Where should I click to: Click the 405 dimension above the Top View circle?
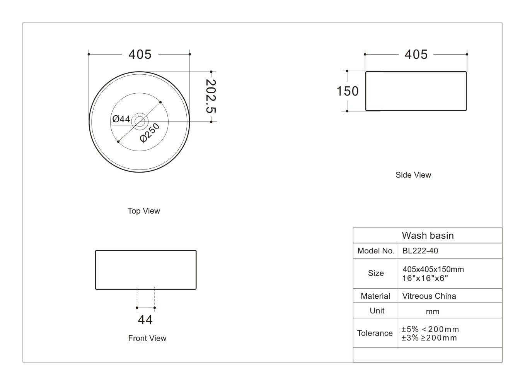point(140,55)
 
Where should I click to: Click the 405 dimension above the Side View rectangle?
point(416,55)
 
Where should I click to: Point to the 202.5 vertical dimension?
point(210,96)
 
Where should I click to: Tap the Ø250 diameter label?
point(150,133)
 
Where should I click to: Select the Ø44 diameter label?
point(121,119)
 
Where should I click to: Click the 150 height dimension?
point(347,91)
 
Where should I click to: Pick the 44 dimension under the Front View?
point(145,320)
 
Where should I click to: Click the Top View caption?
point(144,211)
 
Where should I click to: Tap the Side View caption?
point(413,175)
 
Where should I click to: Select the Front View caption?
point(147,338)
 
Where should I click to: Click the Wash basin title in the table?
point(428,236)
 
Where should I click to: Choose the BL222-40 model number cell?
point(420,251)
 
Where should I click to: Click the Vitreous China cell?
point(429,296)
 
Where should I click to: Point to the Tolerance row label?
point(375,333)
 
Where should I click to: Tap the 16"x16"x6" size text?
point(425,278)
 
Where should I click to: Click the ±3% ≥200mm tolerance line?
point(429,338)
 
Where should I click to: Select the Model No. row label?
point(376,251)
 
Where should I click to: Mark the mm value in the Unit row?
point(433,311)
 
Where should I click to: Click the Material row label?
point(375,296)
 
